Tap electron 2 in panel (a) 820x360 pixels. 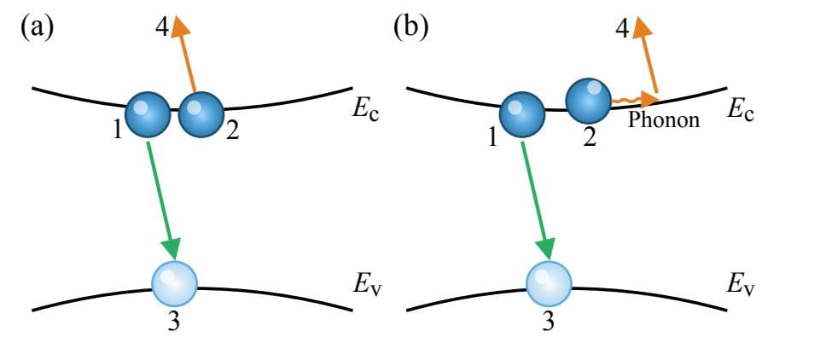[x=201, y=113]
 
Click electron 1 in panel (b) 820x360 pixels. [x=522, y=115]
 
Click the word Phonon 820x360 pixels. [x=663, y=120]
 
